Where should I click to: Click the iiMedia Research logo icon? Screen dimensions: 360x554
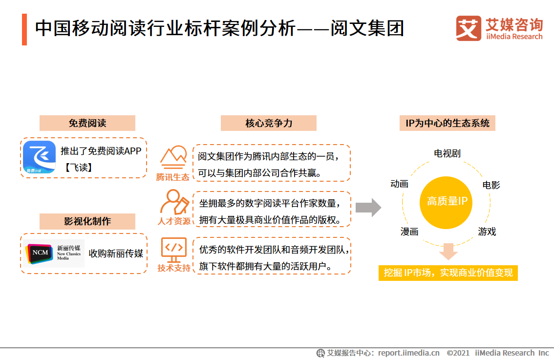tap(468, 28)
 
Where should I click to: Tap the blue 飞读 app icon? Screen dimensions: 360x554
tap(40, 158)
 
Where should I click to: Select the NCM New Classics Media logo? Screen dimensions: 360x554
tap(54, 253)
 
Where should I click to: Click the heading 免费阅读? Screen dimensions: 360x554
tap(87, 123)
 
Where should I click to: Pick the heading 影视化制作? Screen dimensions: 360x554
tap(87, 221)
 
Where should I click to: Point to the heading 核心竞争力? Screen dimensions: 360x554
tap(269, 123)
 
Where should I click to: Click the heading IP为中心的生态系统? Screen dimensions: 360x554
tap(447, 123)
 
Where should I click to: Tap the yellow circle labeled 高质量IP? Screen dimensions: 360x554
tap(447, 201)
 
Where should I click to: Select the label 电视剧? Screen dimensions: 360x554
tap(447, 153)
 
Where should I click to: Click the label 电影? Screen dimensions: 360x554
tap(491, 185)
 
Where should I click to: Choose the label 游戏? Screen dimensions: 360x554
tap(487, 232)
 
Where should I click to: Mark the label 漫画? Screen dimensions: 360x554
tap(409, 232)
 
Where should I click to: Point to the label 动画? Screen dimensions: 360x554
tap(399, 184)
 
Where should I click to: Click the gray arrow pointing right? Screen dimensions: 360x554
tap(368, 207)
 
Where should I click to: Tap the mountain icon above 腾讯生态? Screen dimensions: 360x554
tap(173, 156)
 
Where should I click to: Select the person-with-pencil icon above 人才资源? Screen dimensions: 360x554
tap(173, 202)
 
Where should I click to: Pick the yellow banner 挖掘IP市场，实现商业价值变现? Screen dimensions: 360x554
tap(448, 273)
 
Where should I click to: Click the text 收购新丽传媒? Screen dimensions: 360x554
tap(116, 254)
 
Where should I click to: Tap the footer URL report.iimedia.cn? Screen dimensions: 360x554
tap(408, 353)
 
